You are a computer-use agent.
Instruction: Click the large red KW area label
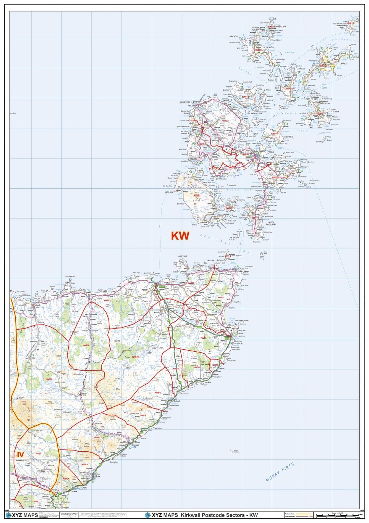click(180, 236)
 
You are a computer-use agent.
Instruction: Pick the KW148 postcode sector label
click(191, 283)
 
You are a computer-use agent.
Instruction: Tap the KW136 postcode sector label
click(86, 345)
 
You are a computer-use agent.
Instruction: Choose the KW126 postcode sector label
click(136, 357)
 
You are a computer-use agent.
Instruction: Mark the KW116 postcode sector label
click(49, 379)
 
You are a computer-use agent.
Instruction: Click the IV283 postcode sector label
click(38, 453)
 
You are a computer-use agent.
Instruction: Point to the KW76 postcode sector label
click(143, 415)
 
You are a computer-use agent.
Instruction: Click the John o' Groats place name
click(242, 271)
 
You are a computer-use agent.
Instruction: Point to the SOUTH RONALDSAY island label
click(269, 224)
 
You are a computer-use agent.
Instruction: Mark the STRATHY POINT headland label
click(70, 277)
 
